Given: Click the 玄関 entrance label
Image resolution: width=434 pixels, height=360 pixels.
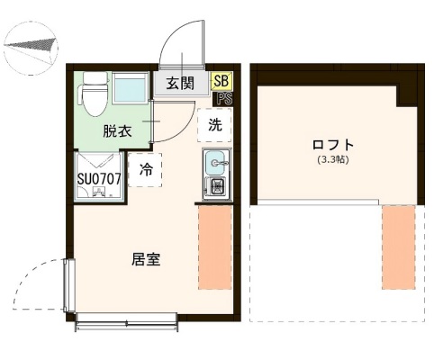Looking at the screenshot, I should [180, 84].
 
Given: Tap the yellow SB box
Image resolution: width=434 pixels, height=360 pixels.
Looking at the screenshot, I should [221, 81].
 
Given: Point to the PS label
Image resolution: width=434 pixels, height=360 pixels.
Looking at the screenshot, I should [222, 94].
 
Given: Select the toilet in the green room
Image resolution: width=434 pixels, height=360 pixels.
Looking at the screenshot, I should [94, 94].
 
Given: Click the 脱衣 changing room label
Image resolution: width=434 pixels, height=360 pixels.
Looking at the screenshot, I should [117, 131].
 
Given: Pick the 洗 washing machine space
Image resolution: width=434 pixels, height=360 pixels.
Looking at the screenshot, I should [215, 125].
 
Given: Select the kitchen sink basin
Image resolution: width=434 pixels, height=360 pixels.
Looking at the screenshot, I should [217, 164].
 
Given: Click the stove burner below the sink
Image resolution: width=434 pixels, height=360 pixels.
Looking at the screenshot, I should [217, 188].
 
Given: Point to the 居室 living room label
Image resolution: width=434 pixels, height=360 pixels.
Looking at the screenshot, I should [147, 259].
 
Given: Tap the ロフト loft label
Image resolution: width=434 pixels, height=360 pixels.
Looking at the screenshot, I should [332, 145].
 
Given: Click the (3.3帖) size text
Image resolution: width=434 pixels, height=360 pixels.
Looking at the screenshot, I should [333, 160].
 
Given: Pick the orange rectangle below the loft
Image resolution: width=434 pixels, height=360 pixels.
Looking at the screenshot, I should [398, 247].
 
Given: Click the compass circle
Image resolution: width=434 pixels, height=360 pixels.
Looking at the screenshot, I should [31, 45].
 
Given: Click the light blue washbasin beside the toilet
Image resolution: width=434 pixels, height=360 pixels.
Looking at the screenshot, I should [126, 90].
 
